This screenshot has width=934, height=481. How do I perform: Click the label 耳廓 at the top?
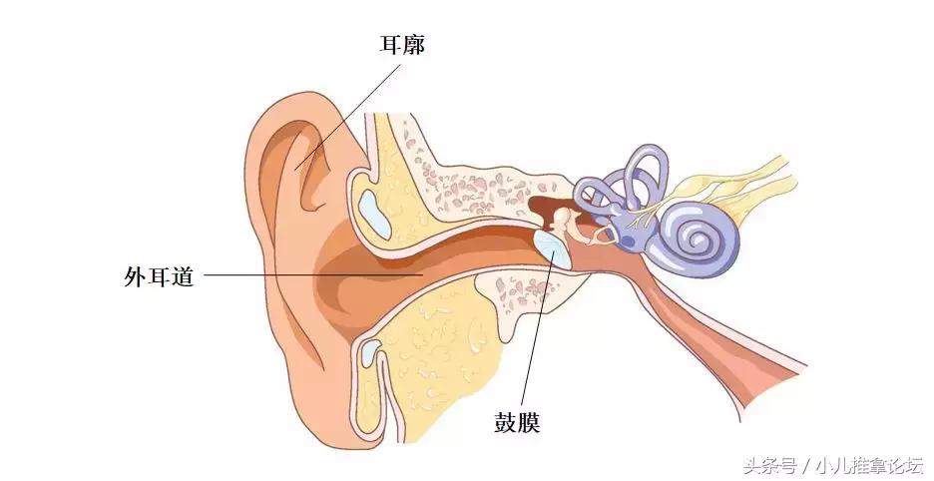403,45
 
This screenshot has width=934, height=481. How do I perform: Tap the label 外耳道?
159,276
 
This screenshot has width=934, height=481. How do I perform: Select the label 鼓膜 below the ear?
517,422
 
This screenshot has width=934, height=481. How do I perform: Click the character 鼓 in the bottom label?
505,422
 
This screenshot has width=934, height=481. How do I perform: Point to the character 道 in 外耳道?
183,276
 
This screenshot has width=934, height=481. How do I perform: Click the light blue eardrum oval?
552,248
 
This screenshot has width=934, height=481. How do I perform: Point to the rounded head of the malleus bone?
562,216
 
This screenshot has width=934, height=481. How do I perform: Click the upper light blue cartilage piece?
374,213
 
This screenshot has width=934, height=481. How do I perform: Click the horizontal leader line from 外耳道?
313,274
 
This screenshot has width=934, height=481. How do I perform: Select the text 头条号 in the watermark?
769,465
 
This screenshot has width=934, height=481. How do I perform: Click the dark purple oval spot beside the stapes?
628,241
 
